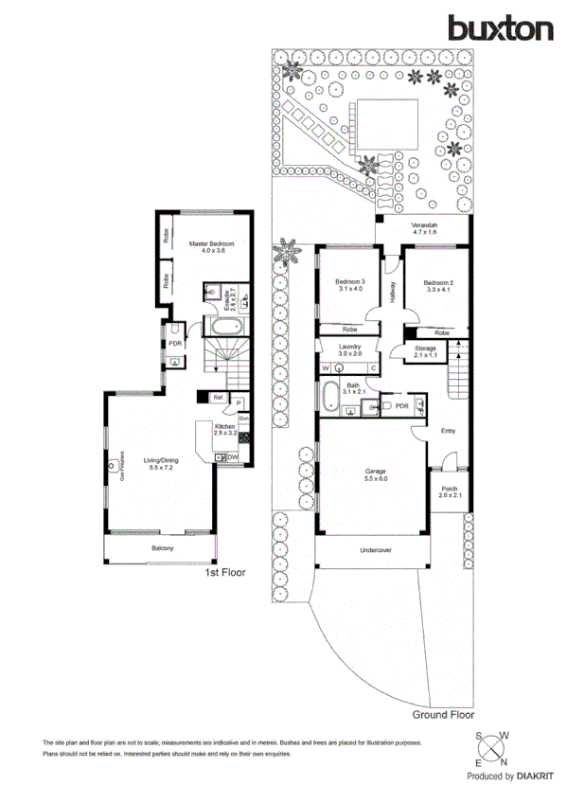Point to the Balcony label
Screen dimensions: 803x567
pos(162,548)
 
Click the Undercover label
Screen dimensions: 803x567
pos(375,550)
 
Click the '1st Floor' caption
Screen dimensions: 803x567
pos(227,574)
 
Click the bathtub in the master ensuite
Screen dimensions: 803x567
pos(226,328)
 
